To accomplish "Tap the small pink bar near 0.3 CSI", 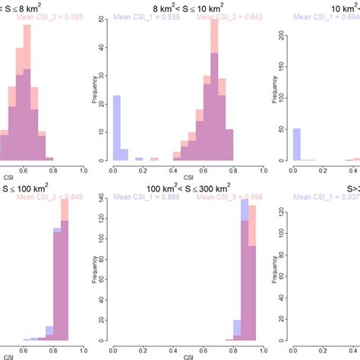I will (154, 159).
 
